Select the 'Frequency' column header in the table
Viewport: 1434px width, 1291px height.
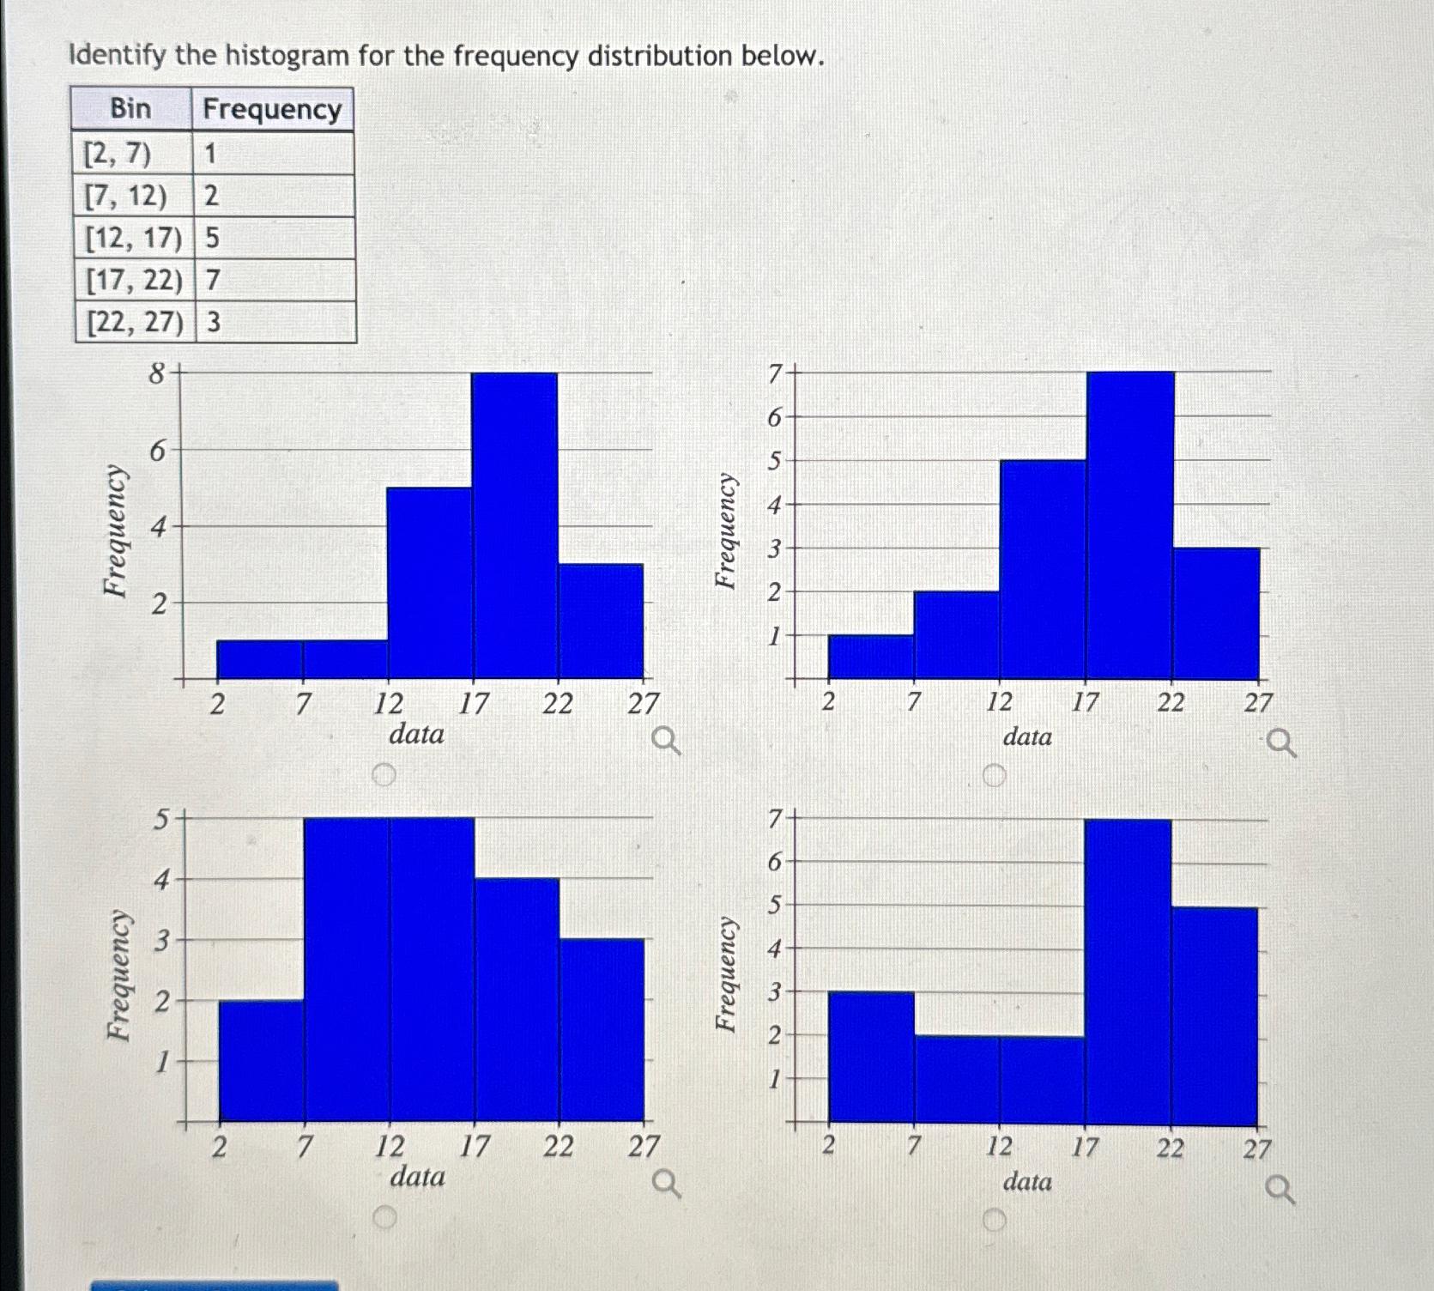point(272,109)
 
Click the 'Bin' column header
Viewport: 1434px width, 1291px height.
point(130,108)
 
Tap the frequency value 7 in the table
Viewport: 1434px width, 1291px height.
point(213,279)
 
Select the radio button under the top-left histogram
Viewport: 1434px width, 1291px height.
point(384,775)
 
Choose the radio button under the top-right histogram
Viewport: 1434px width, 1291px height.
point(994,777)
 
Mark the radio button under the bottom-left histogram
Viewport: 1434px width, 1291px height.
point(385,1217)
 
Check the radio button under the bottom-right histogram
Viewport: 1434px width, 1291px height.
point(994,1220)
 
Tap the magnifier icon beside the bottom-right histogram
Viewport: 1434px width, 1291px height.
point(1280,1191)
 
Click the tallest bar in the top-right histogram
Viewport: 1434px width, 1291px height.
point(1129,524)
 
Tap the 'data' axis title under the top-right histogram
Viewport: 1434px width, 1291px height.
point(1027,736)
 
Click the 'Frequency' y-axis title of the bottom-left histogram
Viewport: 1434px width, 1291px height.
point(119,975)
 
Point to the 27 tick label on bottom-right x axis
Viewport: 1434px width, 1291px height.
point(1257,1149)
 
